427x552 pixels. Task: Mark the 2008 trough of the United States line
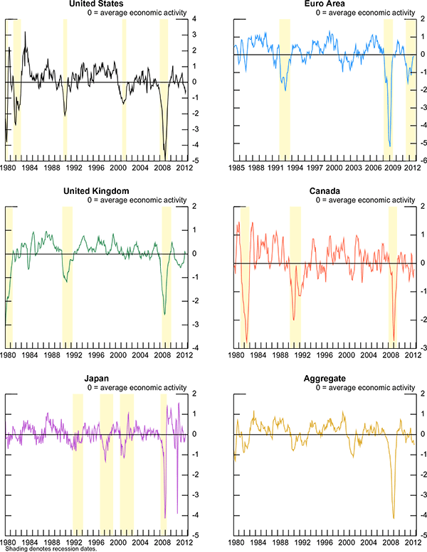pyautogui.click(x=165, y=158)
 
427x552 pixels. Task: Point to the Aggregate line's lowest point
pyautogui.click(x=394, y=518)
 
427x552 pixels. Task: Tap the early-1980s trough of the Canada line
pyautogui.click(x=246, y=342)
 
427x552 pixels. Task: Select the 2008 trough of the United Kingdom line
pyautogui.click(x=165, y=314)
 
